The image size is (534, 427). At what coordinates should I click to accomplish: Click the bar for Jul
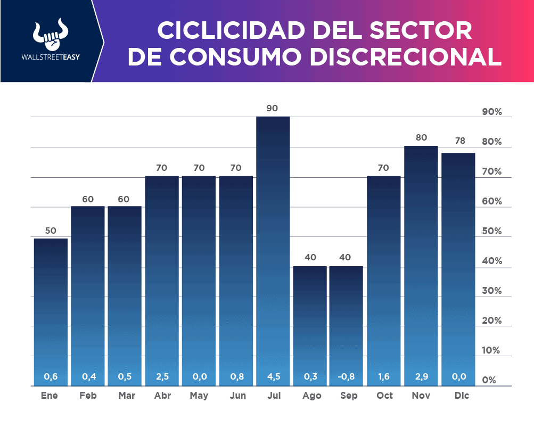coord(273,250)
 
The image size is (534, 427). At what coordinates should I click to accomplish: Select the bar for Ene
coord(51,311)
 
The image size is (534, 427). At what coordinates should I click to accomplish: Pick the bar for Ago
coord(310,325)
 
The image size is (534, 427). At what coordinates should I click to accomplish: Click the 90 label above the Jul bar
coord(272,108)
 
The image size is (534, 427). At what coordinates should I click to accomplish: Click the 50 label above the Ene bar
coord(51,231)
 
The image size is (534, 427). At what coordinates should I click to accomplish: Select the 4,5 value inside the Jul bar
coord(273,377)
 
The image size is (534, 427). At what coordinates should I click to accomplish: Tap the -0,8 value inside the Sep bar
coord(346,377)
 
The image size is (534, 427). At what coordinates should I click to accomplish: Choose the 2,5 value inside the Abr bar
coord(162,377)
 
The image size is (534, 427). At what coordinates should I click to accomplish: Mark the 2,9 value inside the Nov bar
coord(421,377)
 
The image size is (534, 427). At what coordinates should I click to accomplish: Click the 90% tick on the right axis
coord(491,112)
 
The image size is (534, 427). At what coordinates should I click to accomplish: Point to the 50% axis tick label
coord(491,232)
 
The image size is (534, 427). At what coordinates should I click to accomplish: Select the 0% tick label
coord(489,381)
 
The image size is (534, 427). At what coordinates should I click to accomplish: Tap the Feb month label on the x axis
coord(88,396)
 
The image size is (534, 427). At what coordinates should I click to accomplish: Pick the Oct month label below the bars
coord(384,396)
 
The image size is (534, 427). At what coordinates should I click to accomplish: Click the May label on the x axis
coord(199,396)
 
